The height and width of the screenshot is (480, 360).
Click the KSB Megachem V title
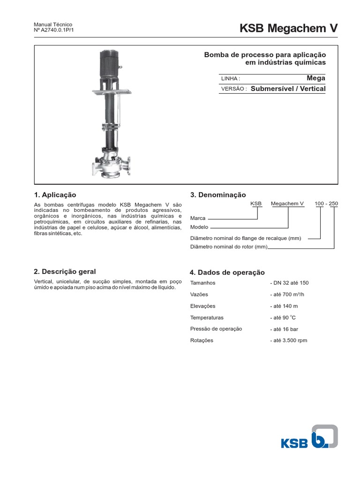pyautogui.click(x=288, y=29)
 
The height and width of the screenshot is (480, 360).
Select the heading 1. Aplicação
pyautogui.click(x=55, y=195)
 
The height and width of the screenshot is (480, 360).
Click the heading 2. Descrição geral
pyautogui.click(x=65, y=271)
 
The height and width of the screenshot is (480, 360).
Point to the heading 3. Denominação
pyautogui.click(x=217, y=195)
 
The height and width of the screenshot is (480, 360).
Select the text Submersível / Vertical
pyautogui.click(x=288, y=89)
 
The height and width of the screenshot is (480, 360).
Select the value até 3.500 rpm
pyautogui.click(x=290, y=340)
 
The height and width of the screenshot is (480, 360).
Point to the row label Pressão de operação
pyautogui.click(x=216, y=329)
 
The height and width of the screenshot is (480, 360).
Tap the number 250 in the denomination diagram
pyautogui.click(x=333, y=203)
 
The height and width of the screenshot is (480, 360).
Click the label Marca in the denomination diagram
pyautogui.click(x=197, y=218)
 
